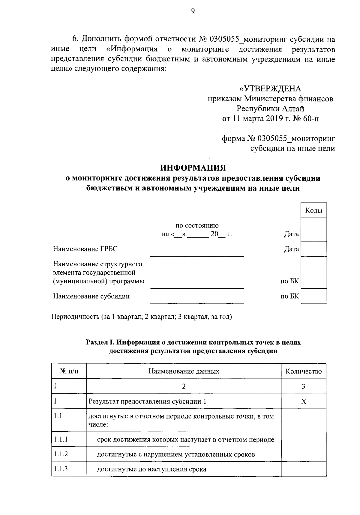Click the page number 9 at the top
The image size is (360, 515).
point(193,11)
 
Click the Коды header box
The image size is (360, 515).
point(313,210)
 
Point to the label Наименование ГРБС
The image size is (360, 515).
point(85,249)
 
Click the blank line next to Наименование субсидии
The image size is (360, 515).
point(197,300)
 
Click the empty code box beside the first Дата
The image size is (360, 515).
point(313,230)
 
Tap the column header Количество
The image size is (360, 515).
point(304,371)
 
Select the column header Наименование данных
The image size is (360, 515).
point(184,371)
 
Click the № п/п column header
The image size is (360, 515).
point(69,371)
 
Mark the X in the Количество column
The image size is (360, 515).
point(304,402)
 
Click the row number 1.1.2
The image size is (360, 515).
point(61,454)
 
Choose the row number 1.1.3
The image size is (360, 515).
point(61,469)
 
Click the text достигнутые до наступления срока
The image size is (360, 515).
point(151,469)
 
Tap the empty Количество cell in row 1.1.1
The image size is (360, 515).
point(304,439)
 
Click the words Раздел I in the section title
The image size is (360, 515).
point(99,342)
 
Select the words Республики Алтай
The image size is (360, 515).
point(270,109)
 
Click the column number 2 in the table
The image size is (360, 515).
point(184,386)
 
